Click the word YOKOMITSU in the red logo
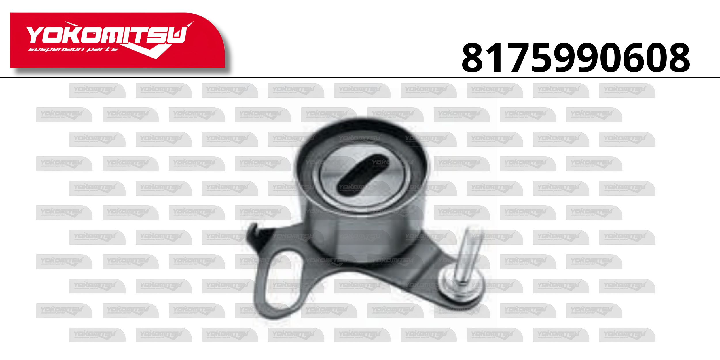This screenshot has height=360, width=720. [x=107, y=35]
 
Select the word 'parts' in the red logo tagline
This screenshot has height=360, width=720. [x=102, y=49]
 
